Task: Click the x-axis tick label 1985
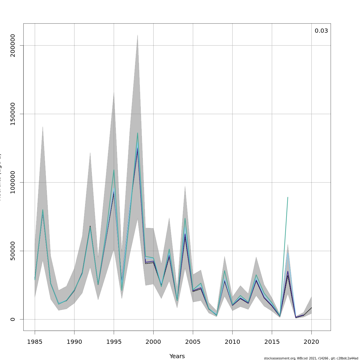pyautogui.click(x=35, y=342)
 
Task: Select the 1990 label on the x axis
pyautogui.click(x=74, y=342)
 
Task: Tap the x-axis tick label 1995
pyautogui.click(x=114, y=342)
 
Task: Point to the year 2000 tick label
pyautogui.click(x=153, y=342)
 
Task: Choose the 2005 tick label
pyautogui.click(x=193, y=342)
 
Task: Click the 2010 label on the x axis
pyautogui.click(x=232, y=342)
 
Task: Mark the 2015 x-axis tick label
pyautogui.click(x=272, y=342)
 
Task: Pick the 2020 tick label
pyautogui.click(x=311, y=342)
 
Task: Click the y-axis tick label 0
pyautogui.click(x=13, y=319)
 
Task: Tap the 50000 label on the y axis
pyautogui.click(x=13, y=251)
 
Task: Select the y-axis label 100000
pyautogui.click(x=13, y=182)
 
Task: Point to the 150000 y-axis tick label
pyautogui.click(x=13, y=114)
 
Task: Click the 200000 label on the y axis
pyautogui.click(x=13, y=46)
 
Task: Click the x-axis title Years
pyautogui.click(x=177, y=356)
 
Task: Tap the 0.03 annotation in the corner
pyautogui.click(x=321, y=31)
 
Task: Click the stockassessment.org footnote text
pyautogui.click(x=311, y=358)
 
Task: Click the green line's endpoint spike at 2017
pyautogui.click(x=288, y=197)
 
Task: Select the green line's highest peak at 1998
pyautogui.click(x=138, y=133)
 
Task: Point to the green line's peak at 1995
pyautogui.click(x=114, y=170)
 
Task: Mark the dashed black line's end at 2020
pyautogui.click(x=311, y=308)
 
